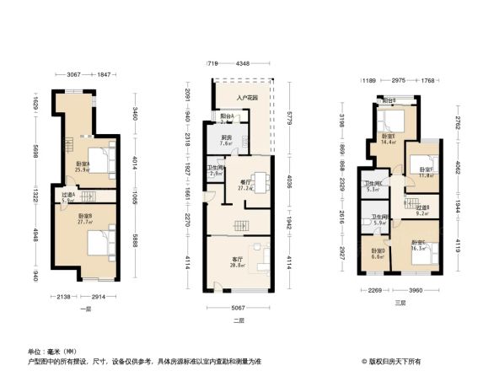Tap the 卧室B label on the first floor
coord(84,218)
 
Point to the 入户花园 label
coord(245,98)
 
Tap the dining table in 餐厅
coord(260,180)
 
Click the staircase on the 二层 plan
coord(241,226)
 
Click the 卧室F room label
coord(426,172)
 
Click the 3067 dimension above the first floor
coord(73,75)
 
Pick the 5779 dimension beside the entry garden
coord(289,114)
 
